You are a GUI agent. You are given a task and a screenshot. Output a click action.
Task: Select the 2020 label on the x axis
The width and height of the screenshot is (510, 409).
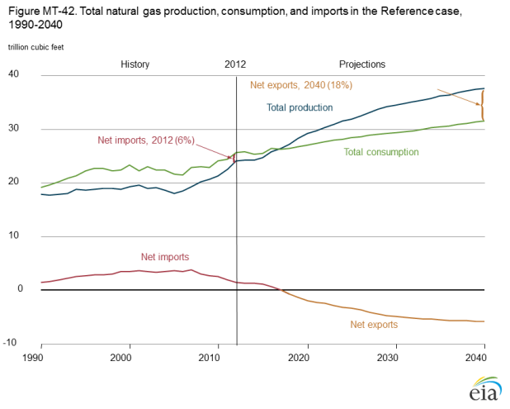[308, 357]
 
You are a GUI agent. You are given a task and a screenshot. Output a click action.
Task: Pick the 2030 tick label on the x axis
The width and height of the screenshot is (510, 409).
[394, 357]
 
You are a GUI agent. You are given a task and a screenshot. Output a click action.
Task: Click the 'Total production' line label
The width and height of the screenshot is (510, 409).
[299, 107]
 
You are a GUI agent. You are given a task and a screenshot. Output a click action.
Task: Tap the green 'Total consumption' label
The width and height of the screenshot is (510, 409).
[380, 152]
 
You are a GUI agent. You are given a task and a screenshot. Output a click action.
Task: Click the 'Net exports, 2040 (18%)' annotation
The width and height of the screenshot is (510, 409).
[300, 85]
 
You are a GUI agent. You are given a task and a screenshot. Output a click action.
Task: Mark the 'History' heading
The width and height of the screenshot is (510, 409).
[135, 64]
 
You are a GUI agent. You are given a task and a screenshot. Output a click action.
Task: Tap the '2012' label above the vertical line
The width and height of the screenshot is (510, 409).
[235, 64]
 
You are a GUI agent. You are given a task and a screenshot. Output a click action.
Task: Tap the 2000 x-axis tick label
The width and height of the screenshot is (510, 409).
[121, 357]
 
